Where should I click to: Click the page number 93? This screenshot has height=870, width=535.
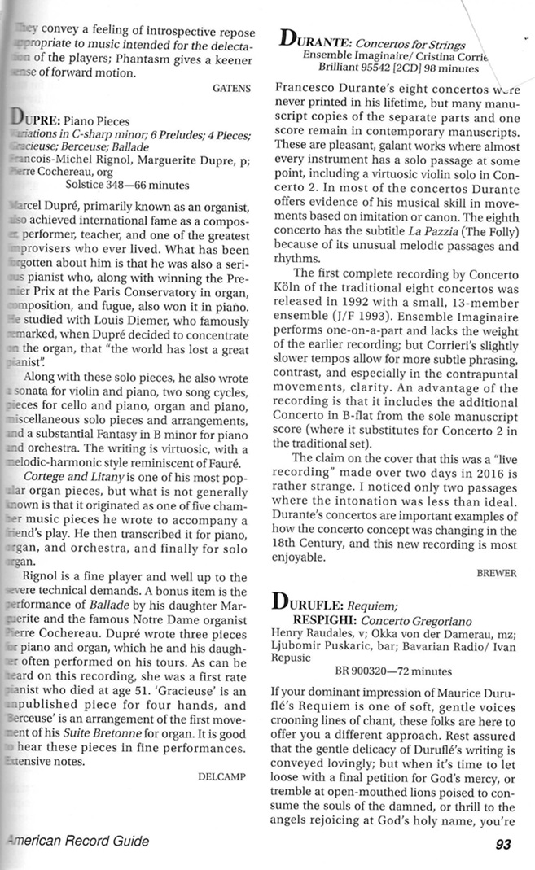[x=502, y=843]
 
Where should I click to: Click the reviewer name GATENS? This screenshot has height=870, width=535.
[x=231, y=85]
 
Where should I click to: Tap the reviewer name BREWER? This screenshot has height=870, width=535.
[x=495, y=572]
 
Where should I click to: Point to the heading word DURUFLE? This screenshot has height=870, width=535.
[x=317, y=605]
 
